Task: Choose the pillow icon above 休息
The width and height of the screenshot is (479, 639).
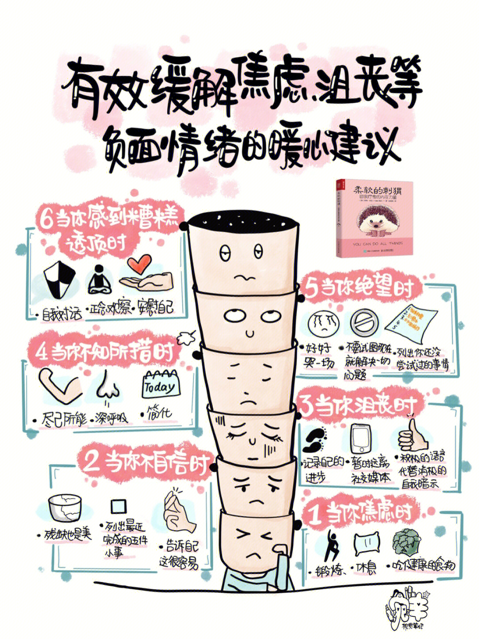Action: coord(366,544)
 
